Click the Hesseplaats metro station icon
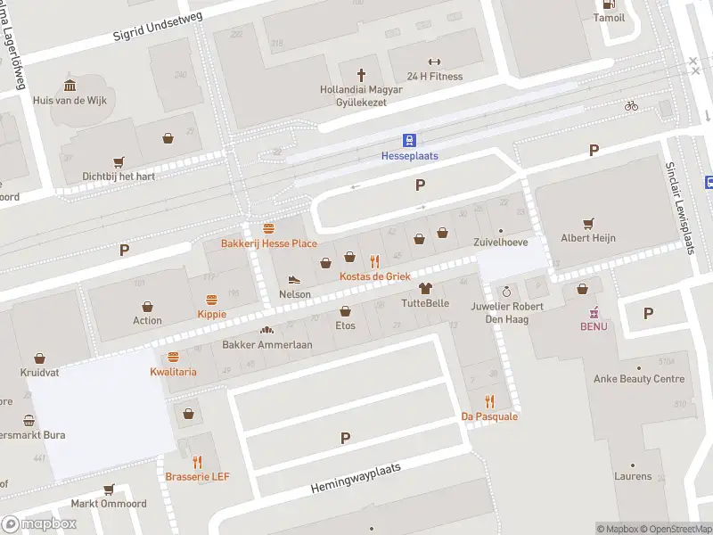point(409,140)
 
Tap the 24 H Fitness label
point(434,76)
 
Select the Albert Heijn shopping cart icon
point(587,223)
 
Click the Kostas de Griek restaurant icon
point(374,261)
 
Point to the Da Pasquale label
point(488,416)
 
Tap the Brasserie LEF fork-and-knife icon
point(197,462)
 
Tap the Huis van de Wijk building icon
point(70,86)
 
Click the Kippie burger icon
point(212,300)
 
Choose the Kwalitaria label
point(173,372)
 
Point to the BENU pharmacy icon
point(594,312)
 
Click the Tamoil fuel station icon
point(609,3)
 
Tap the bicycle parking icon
point(631,105)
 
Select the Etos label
point(345,325)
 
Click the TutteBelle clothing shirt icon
point(425,288)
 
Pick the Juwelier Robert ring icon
point(506,292)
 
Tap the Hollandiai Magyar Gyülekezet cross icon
point(362,75)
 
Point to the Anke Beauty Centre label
point(639,379)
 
